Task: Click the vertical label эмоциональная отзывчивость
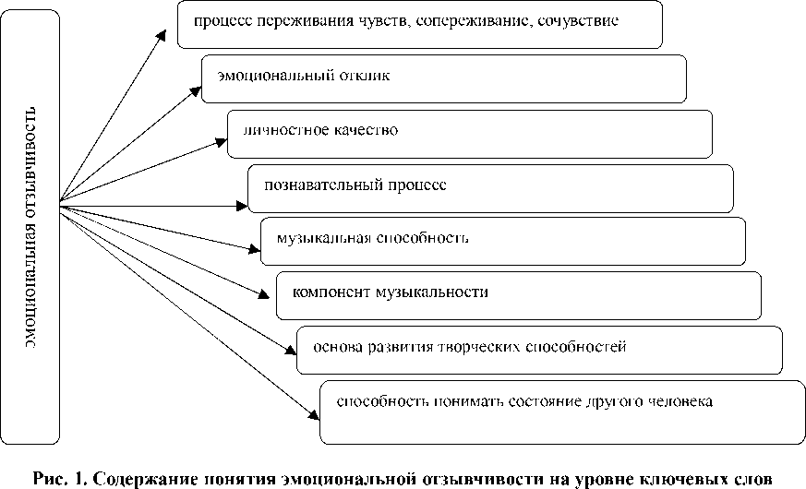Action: click(30, 227)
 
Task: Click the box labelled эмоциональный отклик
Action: click(443, 78)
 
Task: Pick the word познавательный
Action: click(323, 185)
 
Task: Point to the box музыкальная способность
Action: click(503, 240)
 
